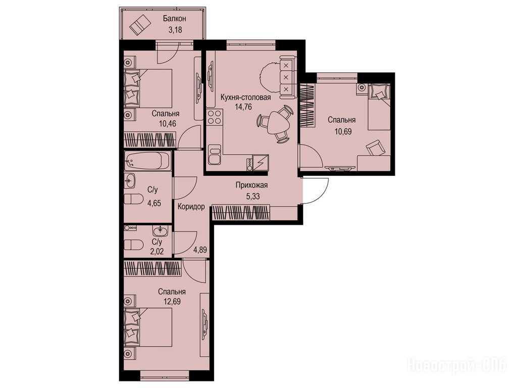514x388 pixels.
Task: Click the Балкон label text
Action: point(174,19)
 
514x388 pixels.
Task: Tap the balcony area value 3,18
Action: point(175,30)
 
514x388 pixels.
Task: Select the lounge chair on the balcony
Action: point(140,24)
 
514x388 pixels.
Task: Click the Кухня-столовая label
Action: point(245,98)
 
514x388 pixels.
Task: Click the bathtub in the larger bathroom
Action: point(147,161)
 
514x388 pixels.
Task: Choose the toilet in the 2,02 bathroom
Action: point(133,245)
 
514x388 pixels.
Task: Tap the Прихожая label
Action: point(252,185)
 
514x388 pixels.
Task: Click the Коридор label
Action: point(191,207)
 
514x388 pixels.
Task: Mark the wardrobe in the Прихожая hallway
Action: point(241,212)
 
